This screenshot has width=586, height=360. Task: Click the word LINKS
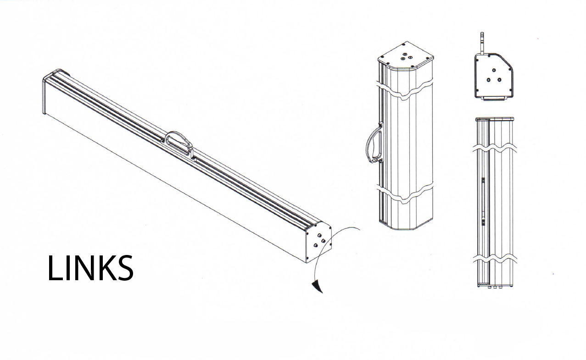[x=90, y=268]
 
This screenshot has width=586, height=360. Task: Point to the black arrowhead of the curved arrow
[x=317, y=287]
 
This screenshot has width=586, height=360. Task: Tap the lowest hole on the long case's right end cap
[x=315, y=246]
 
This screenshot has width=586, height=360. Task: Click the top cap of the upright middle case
[x=406, y=58]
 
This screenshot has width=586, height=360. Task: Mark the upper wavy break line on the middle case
[x=405, y=90]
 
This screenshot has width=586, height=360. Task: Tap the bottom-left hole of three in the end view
[x=489, y=80]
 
